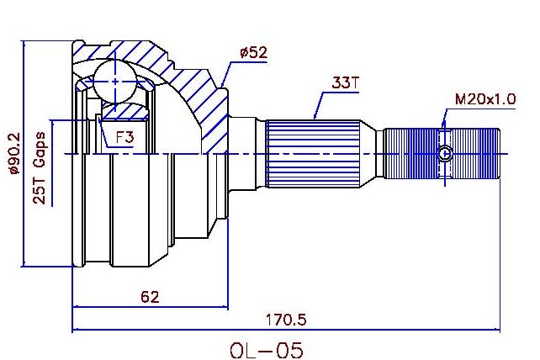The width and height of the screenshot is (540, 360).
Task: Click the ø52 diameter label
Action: (x=253, y=53)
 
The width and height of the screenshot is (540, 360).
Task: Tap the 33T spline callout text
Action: (x=345, y=82)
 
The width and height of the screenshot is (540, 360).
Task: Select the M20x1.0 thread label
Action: (x=485, y=99)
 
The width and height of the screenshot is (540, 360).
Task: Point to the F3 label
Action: (x=124, y=138)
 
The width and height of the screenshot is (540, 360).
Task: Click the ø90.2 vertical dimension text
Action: (x=14, y=153)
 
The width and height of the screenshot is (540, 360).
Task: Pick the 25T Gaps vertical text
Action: (x=40, y=167)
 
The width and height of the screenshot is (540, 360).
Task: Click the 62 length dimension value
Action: (x=151, y=297)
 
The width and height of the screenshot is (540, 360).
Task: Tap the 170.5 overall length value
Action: (x=285, y=320)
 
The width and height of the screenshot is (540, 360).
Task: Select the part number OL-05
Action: (x=267, y=351)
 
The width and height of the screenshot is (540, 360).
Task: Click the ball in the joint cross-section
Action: (x=115, y=82)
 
